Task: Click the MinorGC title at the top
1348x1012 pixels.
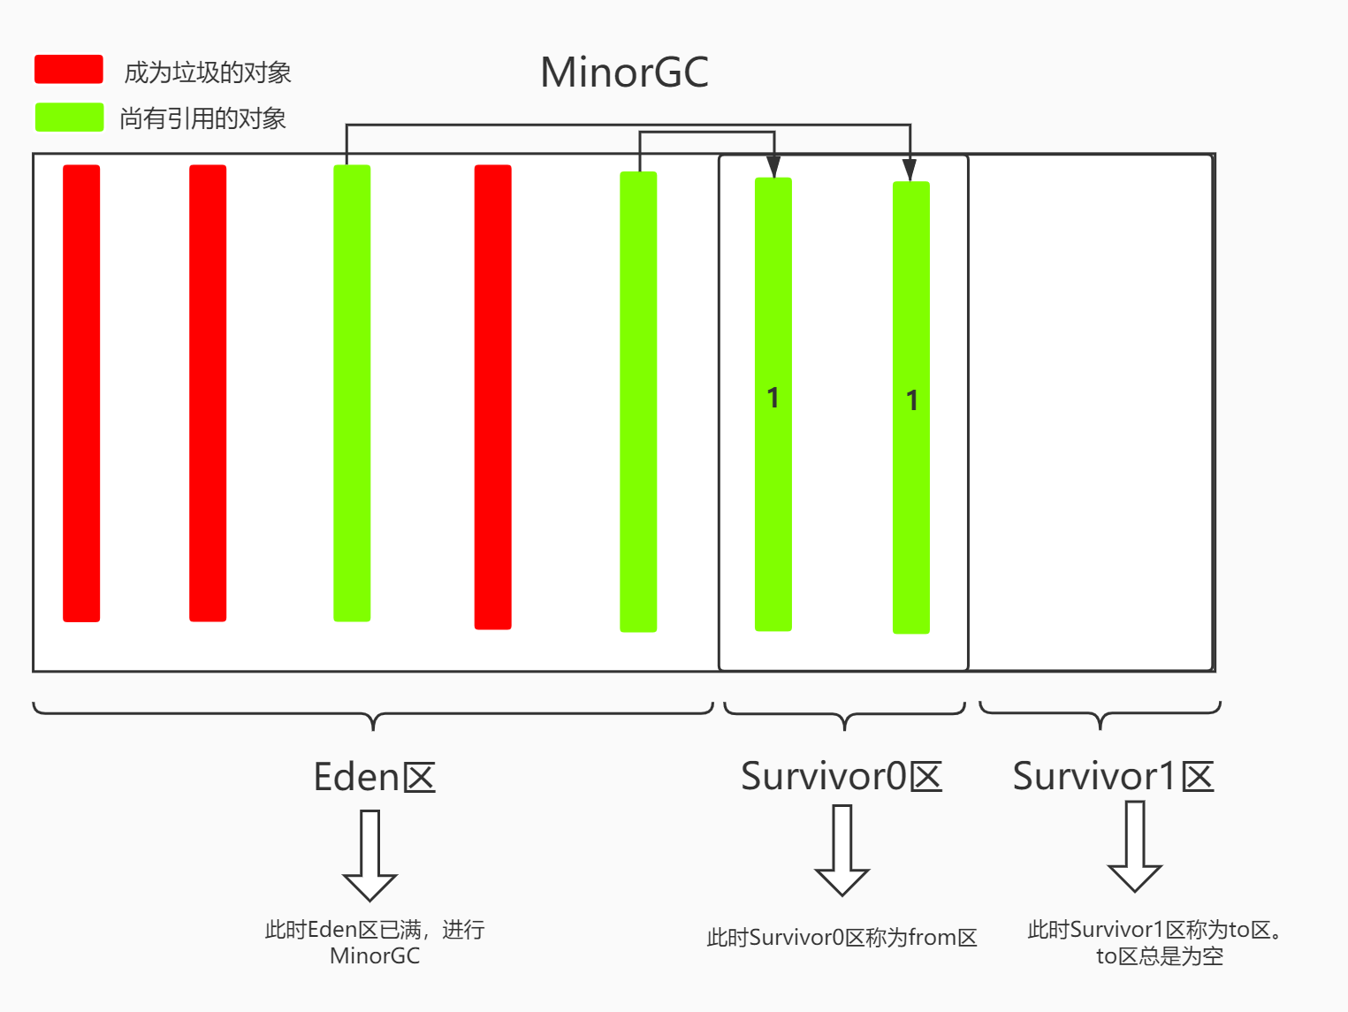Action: pos(624,72)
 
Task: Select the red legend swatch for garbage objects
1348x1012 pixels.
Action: pos(69,69)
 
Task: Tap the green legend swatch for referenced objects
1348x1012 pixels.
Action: pos(70,117)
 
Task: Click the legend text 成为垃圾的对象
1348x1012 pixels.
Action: pos(208,72)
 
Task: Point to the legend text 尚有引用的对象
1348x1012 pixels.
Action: pos(202,118)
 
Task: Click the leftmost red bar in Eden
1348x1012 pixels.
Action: pos(81,393)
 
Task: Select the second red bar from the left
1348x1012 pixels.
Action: pos(208,393)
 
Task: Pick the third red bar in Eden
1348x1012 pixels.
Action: pos(492,397)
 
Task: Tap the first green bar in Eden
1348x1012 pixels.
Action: pos(352,393)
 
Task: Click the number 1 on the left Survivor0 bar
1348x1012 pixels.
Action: pos(773,398)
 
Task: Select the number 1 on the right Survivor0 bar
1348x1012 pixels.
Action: pos(912,400)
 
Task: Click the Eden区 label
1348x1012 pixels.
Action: pos(375,777)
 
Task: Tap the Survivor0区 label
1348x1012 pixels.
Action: pos(842,776)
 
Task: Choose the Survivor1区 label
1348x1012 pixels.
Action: pos(1114,776)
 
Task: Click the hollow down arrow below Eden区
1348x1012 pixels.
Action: pos(369,856)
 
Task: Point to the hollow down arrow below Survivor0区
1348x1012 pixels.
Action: pos(842,850)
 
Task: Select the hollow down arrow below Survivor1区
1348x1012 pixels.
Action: pos(1135,846)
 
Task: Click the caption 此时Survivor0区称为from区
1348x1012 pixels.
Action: pos(842,938)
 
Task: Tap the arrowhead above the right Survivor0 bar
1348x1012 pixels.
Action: pos(910,170)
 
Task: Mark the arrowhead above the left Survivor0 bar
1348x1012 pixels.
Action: pos(773,167)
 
